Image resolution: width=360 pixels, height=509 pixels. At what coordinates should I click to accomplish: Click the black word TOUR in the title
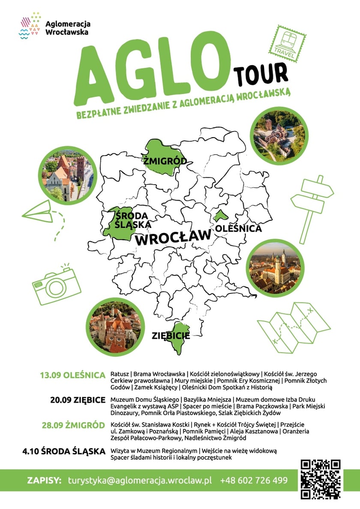(260, 73)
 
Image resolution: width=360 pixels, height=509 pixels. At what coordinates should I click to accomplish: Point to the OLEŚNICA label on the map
(239, 228)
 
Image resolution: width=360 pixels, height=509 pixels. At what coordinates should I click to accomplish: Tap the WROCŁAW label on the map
(174, 237)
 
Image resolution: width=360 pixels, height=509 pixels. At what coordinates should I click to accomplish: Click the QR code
(320, 479)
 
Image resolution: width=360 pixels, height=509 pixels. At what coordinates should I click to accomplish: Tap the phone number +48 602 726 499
(254, 480)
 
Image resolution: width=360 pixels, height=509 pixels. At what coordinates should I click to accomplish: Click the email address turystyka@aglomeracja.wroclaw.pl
(140, 480)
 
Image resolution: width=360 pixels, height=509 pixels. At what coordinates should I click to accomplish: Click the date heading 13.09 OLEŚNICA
(72, 375)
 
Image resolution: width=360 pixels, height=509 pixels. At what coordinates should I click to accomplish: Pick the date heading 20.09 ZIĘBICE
(78, 400)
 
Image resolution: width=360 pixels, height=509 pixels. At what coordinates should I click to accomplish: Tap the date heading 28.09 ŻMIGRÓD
(73, 425)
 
